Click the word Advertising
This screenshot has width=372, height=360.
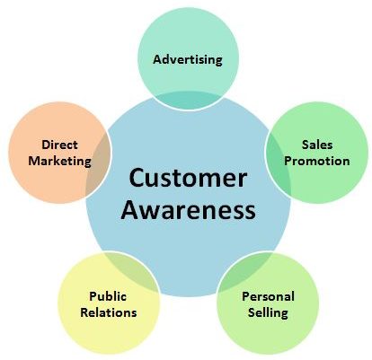point(188,60)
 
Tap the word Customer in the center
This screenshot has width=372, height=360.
point(188,178)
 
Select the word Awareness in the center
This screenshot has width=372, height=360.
point(188,210)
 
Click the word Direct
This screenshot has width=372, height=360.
point(59,145)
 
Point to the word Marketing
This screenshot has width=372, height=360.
point(59,162)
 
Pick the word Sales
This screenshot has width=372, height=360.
point(317,145)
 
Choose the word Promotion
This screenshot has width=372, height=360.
point(317,161)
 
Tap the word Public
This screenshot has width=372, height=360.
point(108,296)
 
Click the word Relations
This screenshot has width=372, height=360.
point(109,312)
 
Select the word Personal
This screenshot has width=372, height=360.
point(268,296)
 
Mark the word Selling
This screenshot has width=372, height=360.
point(268,313)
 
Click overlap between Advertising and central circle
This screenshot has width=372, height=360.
point(188,101)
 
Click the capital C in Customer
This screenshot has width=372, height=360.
point(137,178)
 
